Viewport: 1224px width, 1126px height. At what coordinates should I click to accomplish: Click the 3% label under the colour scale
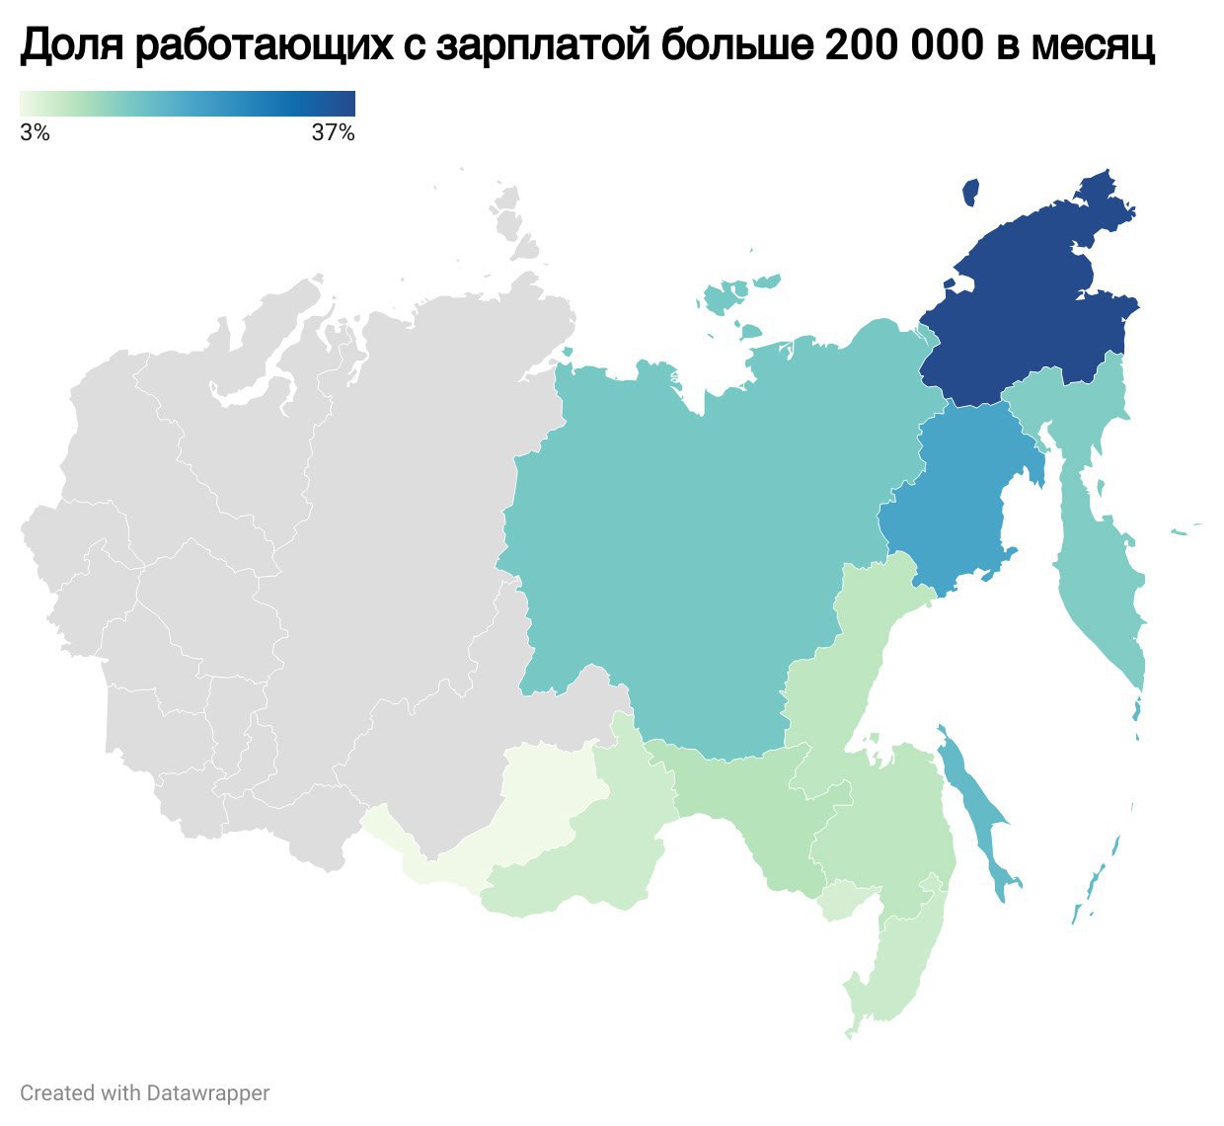tap(35, 132)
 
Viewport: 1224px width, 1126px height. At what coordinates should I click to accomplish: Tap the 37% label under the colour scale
tap(333, 132)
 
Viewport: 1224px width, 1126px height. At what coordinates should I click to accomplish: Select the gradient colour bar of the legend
tap(188, 104)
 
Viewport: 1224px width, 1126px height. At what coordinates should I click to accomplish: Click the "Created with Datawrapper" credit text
tap(145, 1093)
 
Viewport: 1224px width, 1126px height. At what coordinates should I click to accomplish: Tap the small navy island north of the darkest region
tap(970, 192)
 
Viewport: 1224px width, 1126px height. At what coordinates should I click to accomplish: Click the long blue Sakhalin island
tap(977, 810)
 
